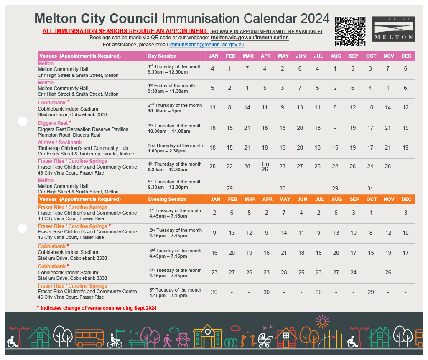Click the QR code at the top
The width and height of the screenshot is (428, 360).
[x=350, y=31]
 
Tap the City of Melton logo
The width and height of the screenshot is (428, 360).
[x=394, y=29]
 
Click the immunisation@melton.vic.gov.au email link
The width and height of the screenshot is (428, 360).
[x=206, y=44]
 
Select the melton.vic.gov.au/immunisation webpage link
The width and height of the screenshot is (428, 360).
[x=250, y=37]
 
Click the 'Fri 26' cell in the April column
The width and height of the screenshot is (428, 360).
[x=265, y=166]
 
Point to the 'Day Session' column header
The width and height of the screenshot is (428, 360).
[x=162, y=56]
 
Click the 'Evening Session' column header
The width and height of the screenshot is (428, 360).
[x=167, y=199]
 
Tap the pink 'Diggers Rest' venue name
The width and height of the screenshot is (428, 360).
[x=53, y=123]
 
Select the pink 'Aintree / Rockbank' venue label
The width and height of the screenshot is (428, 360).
[x=60, y=142]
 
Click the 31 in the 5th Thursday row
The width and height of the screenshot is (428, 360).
[x=370, y=188]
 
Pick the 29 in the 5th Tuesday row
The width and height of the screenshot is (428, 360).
[x=371, y=292]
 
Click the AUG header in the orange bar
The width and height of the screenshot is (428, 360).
[x=337, y=199]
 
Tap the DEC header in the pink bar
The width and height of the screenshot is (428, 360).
[x=406, y=56]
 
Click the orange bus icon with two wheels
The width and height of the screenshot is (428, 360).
[x=89, y=338]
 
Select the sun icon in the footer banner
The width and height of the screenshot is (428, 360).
[x=322, y=322]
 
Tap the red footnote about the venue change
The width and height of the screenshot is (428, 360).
[x=97, y=308]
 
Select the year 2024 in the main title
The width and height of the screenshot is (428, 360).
[x=315, y=18]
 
